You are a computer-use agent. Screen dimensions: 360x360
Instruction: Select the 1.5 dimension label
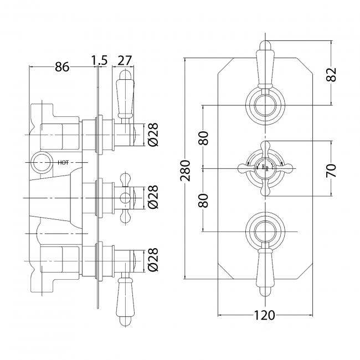point(100,60)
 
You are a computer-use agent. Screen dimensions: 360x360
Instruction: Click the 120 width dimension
point(265,315)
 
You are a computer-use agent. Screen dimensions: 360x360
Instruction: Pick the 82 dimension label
point(332,75)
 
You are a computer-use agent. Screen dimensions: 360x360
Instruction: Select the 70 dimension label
point(332,169)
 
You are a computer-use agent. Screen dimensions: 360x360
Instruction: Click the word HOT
point(63,162)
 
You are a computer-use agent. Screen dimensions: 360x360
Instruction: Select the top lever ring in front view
point(265,104)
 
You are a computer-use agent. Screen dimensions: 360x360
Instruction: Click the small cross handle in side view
point(126,198)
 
